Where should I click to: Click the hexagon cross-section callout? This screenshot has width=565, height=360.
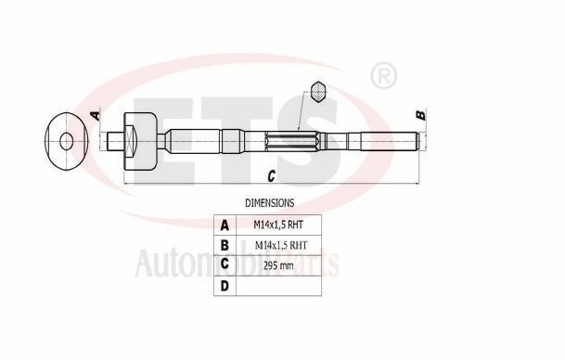[x=319, y=92]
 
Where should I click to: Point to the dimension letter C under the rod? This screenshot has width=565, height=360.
[x=270, y=174]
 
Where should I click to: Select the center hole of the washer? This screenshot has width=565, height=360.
[x=66, y=141]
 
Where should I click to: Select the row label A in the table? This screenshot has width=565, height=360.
[x=224, y=225]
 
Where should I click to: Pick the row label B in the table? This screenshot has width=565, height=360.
[x=224, y=245]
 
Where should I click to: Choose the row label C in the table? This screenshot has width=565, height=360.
[x=224, y=265]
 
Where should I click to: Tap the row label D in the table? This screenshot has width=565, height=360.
[x=224, y=286]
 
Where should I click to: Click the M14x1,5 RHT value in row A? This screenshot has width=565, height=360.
[x=279, y=225]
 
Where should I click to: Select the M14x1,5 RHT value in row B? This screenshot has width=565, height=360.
[x=279, y=245]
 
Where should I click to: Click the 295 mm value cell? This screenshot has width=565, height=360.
[x=279, y=265]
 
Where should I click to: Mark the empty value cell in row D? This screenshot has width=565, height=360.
[x=279, y=286]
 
